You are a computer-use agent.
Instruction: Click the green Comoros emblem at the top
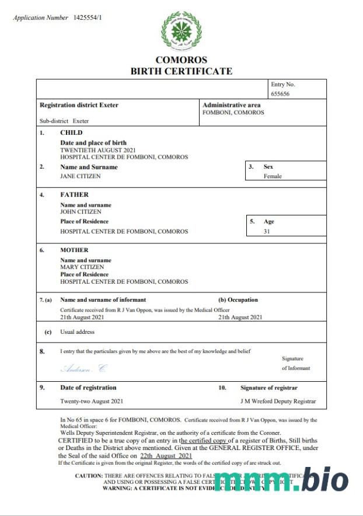coord(181,31)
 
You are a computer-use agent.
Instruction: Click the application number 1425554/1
coord(88,18)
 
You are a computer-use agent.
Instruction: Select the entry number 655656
coord(280,93)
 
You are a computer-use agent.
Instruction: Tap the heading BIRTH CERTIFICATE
coord(181,71)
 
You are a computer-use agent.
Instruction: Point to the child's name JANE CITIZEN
coord(81,176)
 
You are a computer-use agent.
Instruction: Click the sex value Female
coord(273,176)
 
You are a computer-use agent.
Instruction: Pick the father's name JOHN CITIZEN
coord(81,212)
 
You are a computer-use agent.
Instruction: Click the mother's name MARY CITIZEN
coord(81,267)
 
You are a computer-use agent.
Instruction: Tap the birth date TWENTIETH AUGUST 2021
coord(99,150)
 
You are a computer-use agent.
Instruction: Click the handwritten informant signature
coord(84,368)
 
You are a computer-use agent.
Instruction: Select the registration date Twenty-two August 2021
coord(92,402)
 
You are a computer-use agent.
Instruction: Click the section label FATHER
coord(74,194)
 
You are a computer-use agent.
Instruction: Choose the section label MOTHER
coord(74,250)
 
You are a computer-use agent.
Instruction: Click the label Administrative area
coord(231,105)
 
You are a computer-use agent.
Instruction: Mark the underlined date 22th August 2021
coord(166,455)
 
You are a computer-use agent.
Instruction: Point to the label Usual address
coord(77,332)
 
